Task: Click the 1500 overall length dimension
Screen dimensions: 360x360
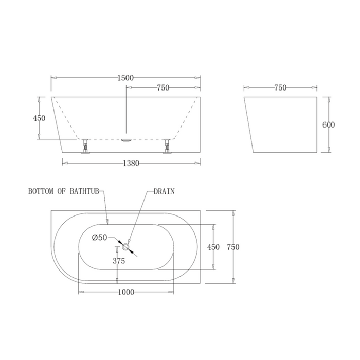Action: click(x=125, y=78)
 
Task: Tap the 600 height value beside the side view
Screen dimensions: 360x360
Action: click(x=329, y=124)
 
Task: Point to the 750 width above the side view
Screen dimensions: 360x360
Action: click(x=280, y=88)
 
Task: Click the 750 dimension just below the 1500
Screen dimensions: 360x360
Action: click(x=163, y=88)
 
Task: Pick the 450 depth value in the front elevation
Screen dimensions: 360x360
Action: click(x=39, y=118)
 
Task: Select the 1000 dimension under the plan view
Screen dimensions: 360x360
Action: click(x=125, y=292)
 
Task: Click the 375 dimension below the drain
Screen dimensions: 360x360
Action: click(x=119, y=261)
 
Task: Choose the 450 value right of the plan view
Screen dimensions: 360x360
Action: click(x=213, y=247)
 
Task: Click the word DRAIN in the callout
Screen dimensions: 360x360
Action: click(x=164, y=191)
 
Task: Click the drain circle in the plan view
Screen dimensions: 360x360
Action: click(x=125, y=247)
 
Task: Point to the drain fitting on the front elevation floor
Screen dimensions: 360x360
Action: click(x=126, y=139)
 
